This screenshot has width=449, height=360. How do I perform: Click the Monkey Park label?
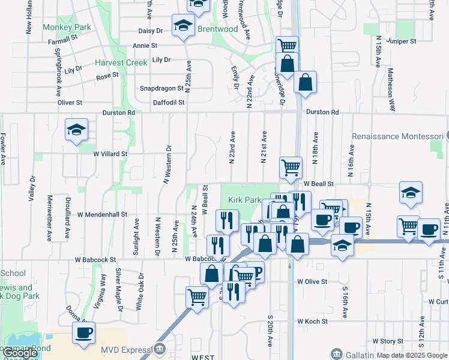[x=67, y=27]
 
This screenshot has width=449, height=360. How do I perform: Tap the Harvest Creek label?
[x=120, y=62]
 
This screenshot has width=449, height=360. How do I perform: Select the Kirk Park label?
[x=244, y=200]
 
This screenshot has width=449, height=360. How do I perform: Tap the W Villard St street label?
[x=110, y=154]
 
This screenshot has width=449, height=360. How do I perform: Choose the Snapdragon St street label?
[x=161, y=88]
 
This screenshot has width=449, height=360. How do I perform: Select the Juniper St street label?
[x=402, y=41]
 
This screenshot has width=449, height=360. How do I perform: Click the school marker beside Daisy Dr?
[x=182, y=25]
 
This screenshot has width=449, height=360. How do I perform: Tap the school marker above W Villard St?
[x=76, y=130]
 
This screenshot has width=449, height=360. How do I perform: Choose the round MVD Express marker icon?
[x=160, y=349]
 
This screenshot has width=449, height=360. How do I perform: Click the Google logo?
[x=20, y=353]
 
